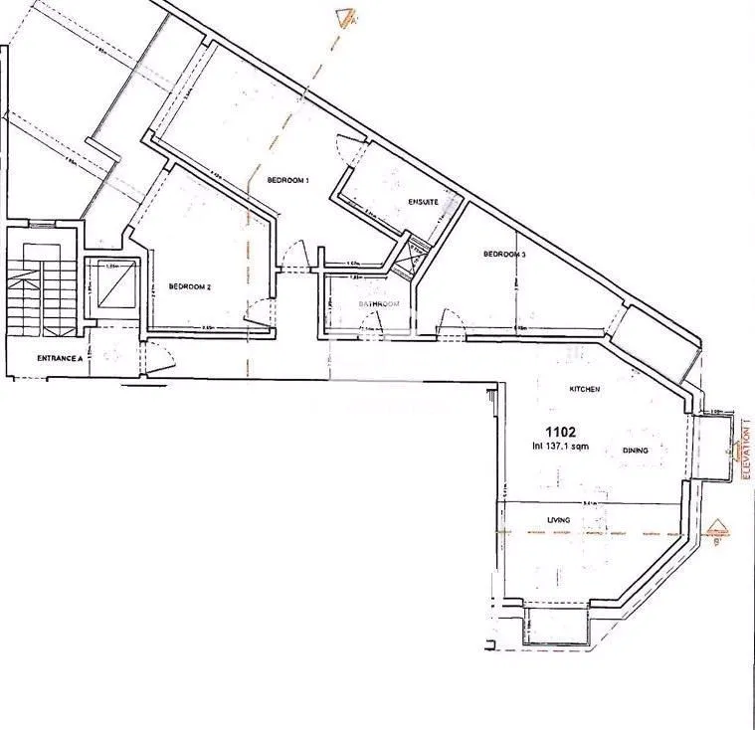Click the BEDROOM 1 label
[x=288, y=180]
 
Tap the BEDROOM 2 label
[x=189, y=287]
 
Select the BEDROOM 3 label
[x=504, y=255]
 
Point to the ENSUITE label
[x=423, y=202]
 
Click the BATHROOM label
[x=379, y=303]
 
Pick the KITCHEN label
[x=584, y=389]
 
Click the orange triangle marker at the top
[x=345, y=15]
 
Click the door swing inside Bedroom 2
[x=255, y=313]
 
